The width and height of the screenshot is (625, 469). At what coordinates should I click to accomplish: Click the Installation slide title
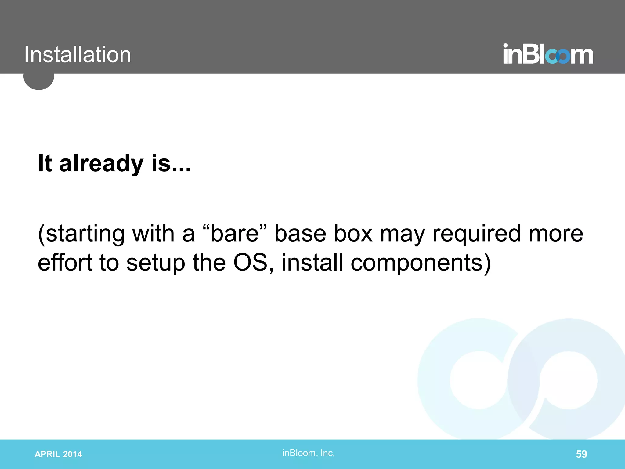point(78,55)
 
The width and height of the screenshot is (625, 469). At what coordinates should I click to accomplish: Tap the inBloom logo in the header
point(548,54)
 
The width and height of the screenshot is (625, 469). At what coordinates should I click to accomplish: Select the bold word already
point(101,163)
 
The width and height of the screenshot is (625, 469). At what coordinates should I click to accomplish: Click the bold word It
point(45,163)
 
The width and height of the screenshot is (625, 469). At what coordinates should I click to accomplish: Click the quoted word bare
point(235,234)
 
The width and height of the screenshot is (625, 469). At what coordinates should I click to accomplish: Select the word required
point(476,234)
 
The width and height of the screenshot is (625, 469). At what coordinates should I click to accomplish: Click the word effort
point(65,263)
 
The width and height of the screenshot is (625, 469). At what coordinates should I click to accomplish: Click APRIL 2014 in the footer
point(58,454)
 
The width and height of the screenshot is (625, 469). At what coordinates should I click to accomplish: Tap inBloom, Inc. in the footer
point(309,453)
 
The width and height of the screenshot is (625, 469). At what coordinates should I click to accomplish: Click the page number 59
point(581,454)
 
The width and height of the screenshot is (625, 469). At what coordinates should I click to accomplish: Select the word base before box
point(300,234)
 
